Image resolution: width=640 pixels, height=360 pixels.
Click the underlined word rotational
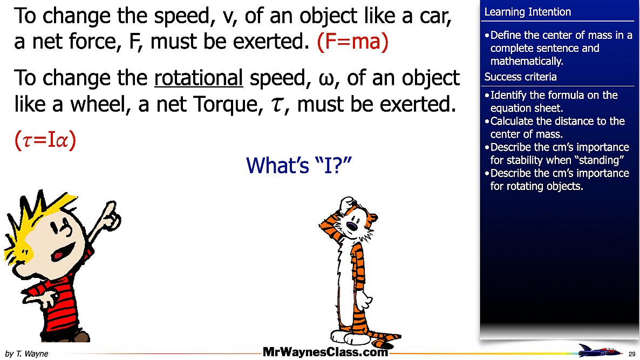click(199, 79)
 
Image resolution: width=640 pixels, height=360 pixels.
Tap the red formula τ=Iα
click(45, 140)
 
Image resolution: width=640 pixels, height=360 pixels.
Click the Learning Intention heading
click(527, 12)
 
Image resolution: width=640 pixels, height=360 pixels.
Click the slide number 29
click(632, 354)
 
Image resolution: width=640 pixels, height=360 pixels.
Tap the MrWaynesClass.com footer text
click(325, 352)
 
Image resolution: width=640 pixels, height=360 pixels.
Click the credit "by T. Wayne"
click(26, 354)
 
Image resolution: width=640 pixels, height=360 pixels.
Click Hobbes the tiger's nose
click(351, 225)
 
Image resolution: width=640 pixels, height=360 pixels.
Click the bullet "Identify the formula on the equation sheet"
click(553, 101)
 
